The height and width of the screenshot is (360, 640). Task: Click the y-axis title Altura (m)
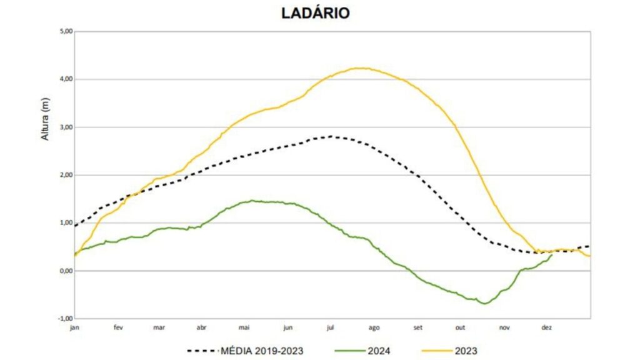pos(45,119)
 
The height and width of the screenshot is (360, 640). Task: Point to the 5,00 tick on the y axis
pos(65,31)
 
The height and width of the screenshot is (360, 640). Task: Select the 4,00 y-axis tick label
pos(65,79)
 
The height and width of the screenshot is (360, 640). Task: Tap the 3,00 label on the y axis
pos(65,127)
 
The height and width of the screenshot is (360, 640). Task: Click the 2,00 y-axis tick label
pos(65,175)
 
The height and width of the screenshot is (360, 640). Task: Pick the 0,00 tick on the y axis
pos(65,271)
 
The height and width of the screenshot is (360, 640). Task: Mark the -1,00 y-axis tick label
pos(64,319)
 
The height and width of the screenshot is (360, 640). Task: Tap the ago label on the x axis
pos(374,326)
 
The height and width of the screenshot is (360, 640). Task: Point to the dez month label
pos(546,326)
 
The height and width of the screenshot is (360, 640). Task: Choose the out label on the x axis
pos(461,326)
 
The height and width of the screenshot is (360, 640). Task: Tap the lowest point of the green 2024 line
pos(484,303)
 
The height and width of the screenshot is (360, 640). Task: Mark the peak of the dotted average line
pos(329,136)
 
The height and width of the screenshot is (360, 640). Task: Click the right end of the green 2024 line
pos(551,254)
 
